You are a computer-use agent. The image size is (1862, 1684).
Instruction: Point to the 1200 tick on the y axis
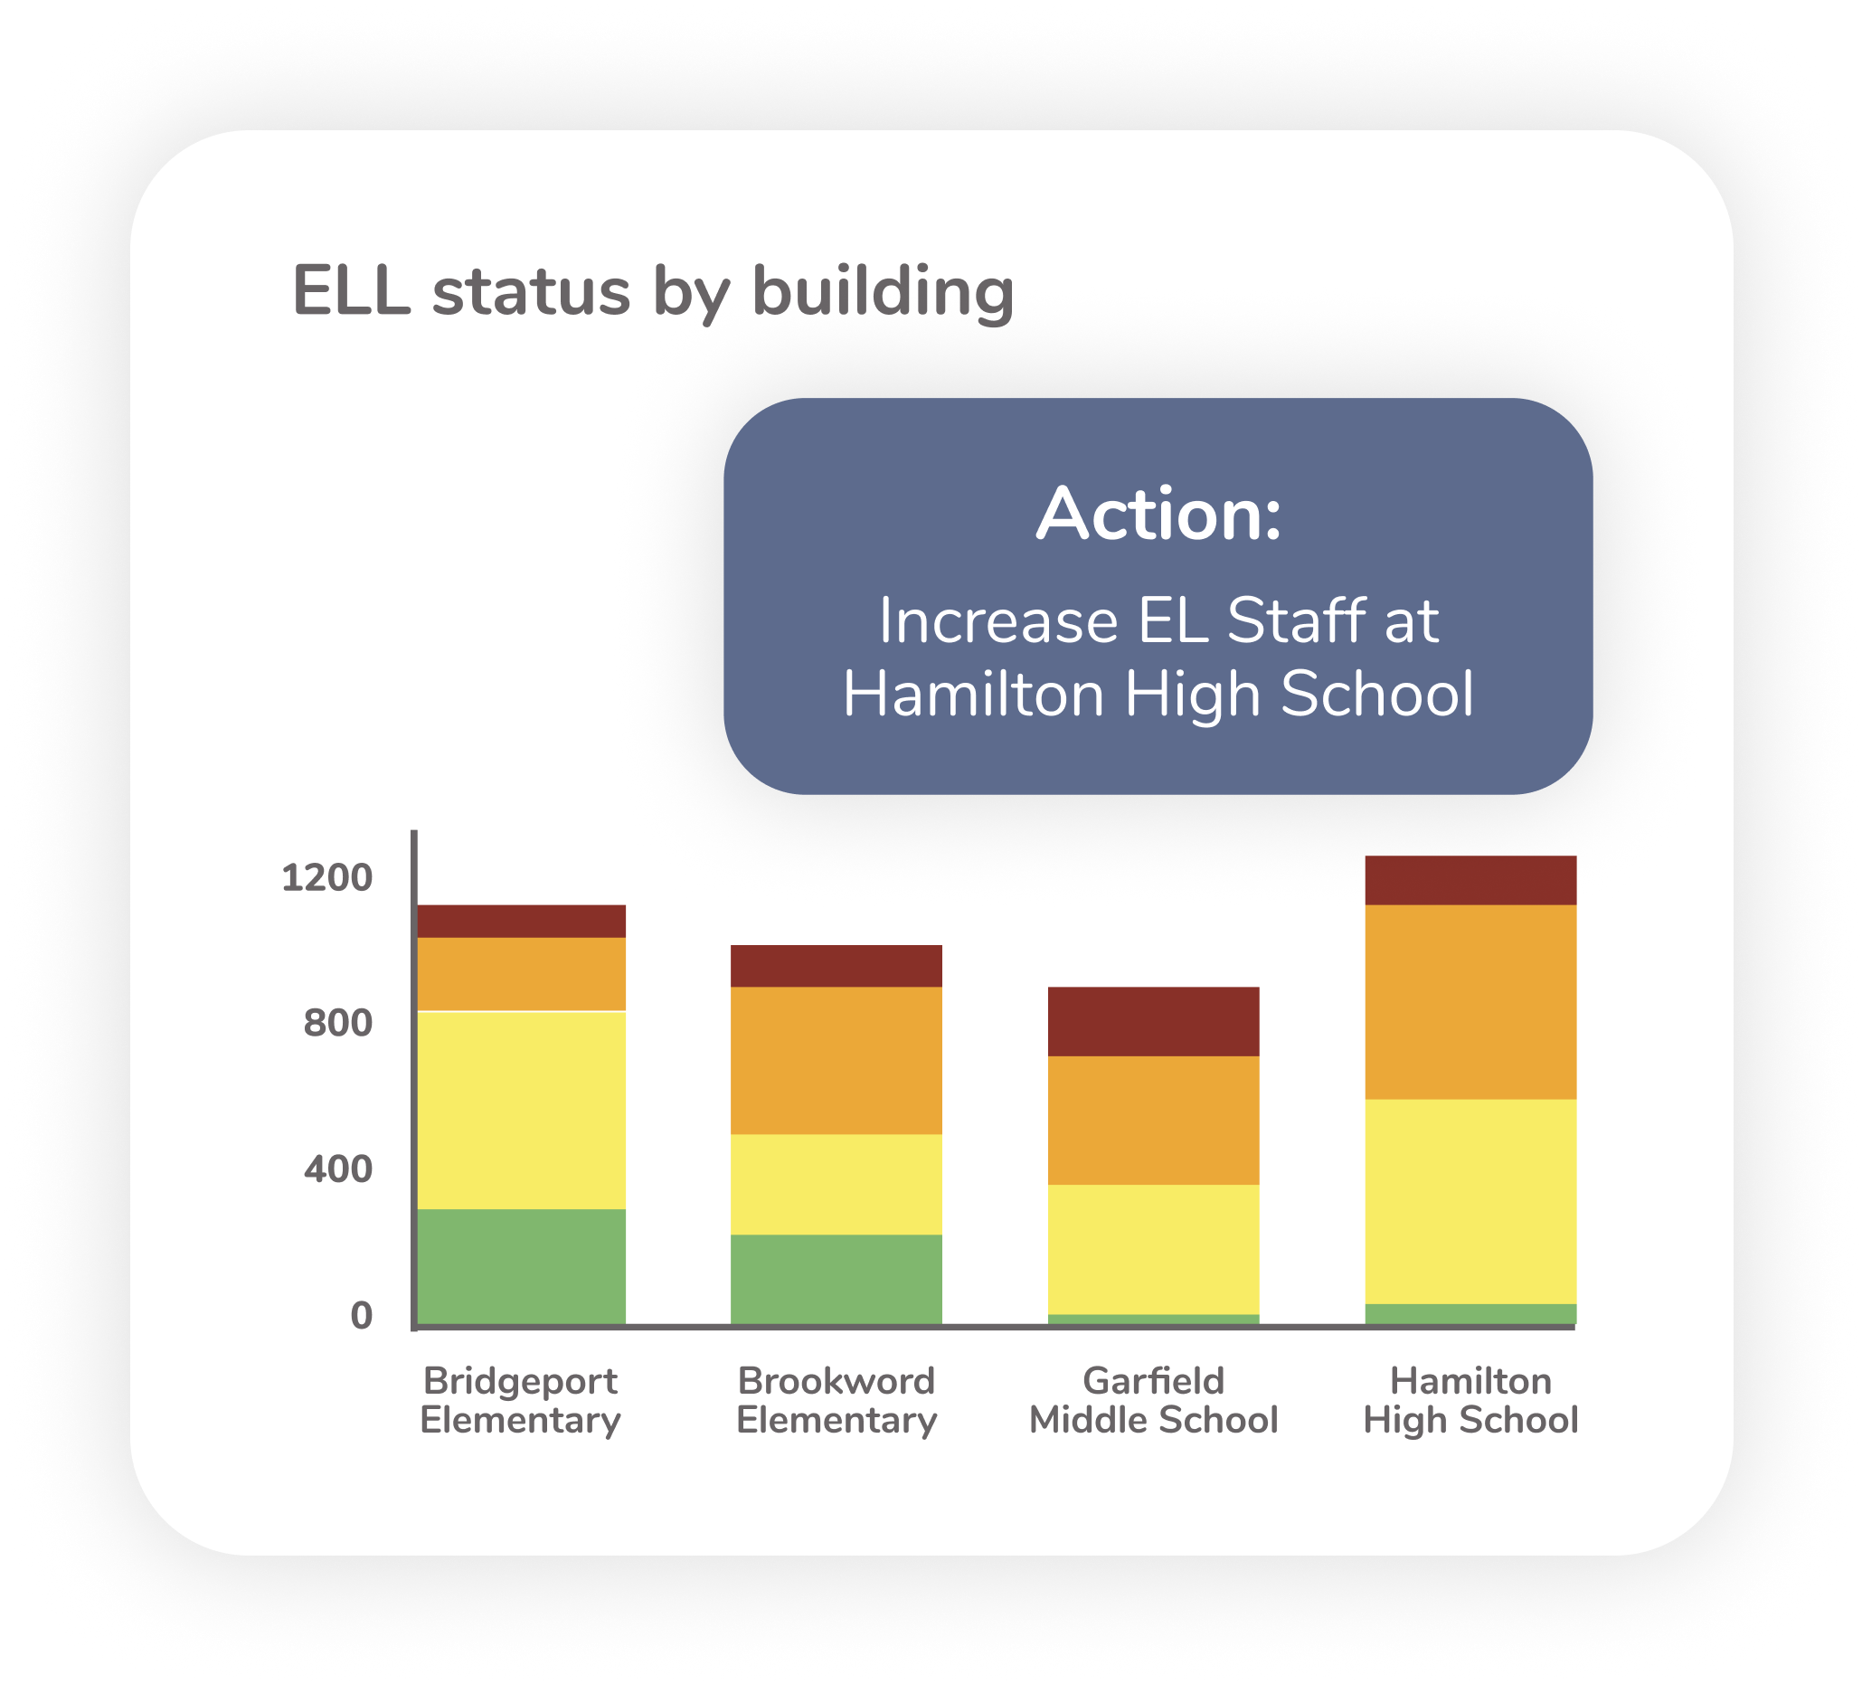coord(326,877)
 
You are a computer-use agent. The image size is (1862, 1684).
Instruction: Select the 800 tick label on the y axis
coord(338,1024)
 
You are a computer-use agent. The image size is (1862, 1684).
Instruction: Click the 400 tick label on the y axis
coord(338,1169)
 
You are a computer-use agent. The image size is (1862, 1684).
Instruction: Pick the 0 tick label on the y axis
coord(361,1315)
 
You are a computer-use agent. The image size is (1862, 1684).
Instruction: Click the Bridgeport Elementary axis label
coord(521,1399)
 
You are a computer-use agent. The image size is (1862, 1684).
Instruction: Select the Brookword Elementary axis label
coord(836,1399)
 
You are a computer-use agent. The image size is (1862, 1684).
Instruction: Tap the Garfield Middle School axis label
coord(1154,1399)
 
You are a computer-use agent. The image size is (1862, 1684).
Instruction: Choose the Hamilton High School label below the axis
coord(1470,1399)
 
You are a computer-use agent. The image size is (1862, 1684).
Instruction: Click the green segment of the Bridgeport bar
coord(522,1266)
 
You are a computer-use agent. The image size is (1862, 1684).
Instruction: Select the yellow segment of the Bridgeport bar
coord(522,1111)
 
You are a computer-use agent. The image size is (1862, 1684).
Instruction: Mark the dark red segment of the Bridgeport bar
coord(522,921)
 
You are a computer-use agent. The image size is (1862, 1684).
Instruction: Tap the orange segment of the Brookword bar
coord(836,1061)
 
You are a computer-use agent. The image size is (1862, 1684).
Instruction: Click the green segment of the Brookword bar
coord(836,1280)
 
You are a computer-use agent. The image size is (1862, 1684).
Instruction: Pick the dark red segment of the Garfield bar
coord(1154,1022)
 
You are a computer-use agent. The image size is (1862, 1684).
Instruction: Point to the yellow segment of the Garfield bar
coord(1154,1250)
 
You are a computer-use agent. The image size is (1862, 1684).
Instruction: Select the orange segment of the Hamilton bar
coord(1470,1002)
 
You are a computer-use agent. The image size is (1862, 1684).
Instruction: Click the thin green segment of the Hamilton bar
coord(1470,1314)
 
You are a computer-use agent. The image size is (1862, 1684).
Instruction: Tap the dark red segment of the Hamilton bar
coord(1470,880)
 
